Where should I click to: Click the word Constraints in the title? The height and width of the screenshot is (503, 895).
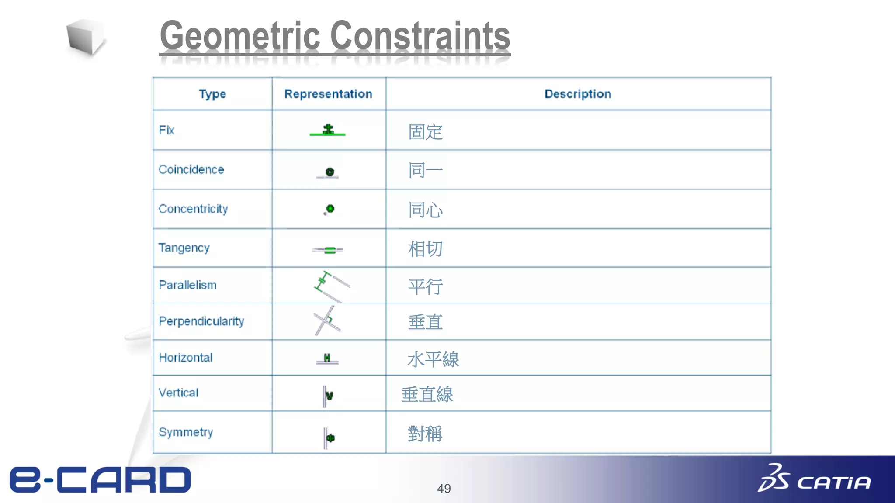tap(420, 36)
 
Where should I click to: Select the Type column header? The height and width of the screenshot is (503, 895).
tap(212, 94)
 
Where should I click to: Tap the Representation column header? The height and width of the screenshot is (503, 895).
tap(328, 94)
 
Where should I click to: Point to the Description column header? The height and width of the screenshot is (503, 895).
tap(578, 94)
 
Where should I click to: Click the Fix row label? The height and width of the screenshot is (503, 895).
tap(167, 130)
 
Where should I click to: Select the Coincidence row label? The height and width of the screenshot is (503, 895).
tap(191, 169)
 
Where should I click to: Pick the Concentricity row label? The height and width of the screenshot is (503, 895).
tap(193, 209)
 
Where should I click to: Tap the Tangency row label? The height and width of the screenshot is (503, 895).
tap(184, 248)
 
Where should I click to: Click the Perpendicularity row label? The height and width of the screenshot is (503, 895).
tap(201, 321)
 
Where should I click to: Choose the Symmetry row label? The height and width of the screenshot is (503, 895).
tap(186, 432)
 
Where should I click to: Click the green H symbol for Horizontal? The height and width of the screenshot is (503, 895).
tap(327, 358)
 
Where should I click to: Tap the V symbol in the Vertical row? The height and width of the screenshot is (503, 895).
tap(330, 396)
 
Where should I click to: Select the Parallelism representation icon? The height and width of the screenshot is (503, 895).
tap(331, 286)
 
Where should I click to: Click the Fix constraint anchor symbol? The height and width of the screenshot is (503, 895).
tap(328, 130)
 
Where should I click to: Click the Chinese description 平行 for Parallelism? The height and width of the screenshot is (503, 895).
tap(425, 286)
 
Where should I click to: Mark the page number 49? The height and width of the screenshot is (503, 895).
tap(444, 488)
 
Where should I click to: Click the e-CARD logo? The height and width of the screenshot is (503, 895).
tap(101, 479)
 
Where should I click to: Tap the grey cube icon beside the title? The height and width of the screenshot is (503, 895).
tap(86, 37)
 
